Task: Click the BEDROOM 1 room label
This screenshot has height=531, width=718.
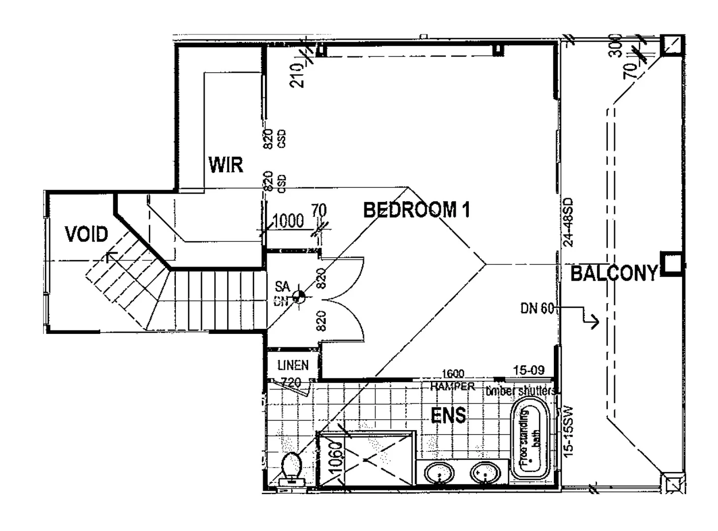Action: pyautogui.click(x=416, y=210)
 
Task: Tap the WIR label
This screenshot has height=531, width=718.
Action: pyautogui.click(x=226, y=165)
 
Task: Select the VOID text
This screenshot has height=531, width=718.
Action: pyautogui.click(x=86, y=235)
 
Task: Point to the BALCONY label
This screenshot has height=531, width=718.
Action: pyautogui.click(x=614, y=273)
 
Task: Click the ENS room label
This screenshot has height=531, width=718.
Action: pyautogui.click(x=448, y=416)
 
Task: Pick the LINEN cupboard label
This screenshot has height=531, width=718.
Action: pyautogui.click(x=293, y=365)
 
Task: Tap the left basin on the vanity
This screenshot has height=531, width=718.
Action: pyautogui.click(x=439, y=474)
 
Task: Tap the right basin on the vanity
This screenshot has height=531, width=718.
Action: pyautogui.click(x=485, y=474)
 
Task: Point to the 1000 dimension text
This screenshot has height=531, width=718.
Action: pyautogui.click(x=288, y=221)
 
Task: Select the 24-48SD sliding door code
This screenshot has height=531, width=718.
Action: pyautogui.click(x=568, y=222)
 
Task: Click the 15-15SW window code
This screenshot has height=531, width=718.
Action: pyautogui.click(x=568, y=432)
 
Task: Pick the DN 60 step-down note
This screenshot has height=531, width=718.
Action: pyautogui.click(x=537, y=308)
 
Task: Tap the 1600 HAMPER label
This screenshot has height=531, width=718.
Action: pyautogui.click(x=452, y=380)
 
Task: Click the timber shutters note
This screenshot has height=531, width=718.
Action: pyautogui.click(x=521, y=391)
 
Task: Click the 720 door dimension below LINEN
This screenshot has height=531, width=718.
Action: pyautogui.click(x=290, y=382)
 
